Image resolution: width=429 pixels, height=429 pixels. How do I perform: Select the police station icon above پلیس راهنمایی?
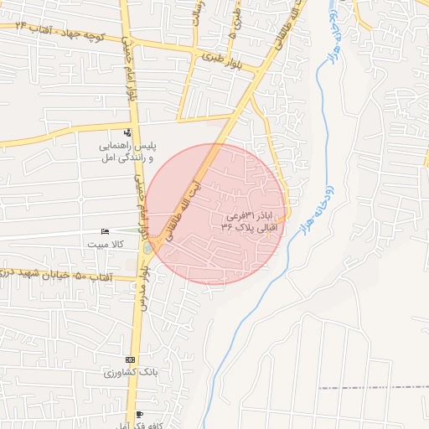(127, 132)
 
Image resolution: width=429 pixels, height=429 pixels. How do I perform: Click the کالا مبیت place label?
(106, 243)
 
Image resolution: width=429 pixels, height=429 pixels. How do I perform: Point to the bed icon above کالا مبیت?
(104, 231)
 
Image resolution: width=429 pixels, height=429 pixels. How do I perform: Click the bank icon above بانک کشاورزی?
(129, 359)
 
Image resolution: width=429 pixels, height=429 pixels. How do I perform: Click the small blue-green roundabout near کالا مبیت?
(148, 247)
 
